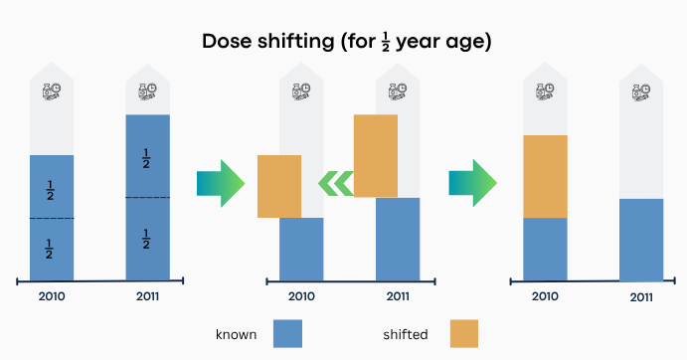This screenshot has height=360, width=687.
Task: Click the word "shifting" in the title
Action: tap(295, 42)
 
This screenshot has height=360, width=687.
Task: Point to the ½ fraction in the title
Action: tap(386, 42)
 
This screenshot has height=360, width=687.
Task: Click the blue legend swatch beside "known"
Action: tap(288, 334)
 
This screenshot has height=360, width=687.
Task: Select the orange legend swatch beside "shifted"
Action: tap(464, 334)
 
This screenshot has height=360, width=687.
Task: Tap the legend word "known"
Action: tap(237, 334)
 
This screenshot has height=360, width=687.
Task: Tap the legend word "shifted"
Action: tap(406, 334)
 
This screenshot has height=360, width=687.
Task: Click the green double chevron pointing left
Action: tap(336, 183)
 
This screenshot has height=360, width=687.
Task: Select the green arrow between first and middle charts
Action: tap(221, 183)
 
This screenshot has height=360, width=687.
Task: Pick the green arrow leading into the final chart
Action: tap(473, 183)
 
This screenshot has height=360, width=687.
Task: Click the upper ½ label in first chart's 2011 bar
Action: tap(146, 158)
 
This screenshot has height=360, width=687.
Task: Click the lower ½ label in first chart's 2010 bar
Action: tap(49, 249)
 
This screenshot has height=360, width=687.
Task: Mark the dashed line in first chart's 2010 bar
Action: tap(52, 218)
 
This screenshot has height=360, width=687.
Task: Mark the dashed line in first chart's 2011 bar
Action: tap(148, 197)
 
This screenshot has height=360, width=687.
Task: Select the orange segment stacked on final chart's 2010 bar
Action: tap(545, 177)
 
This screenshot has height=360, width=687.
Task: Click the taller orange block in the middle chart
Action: tap(376, 156)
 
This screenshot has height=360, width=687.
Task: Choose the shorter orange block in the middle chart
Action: tap(279, 186)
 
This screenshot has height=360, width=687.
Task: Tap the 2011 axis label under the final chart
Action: tap(641, 297)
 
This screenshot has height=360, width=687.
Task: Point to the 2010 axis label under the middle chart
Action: tap(301, 296)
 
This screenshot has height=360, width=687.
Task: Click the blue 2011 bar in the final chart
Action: tap(641, 240)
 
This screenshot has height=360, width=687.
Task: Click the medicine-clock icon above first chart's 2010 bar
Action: tap(52, 91)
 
